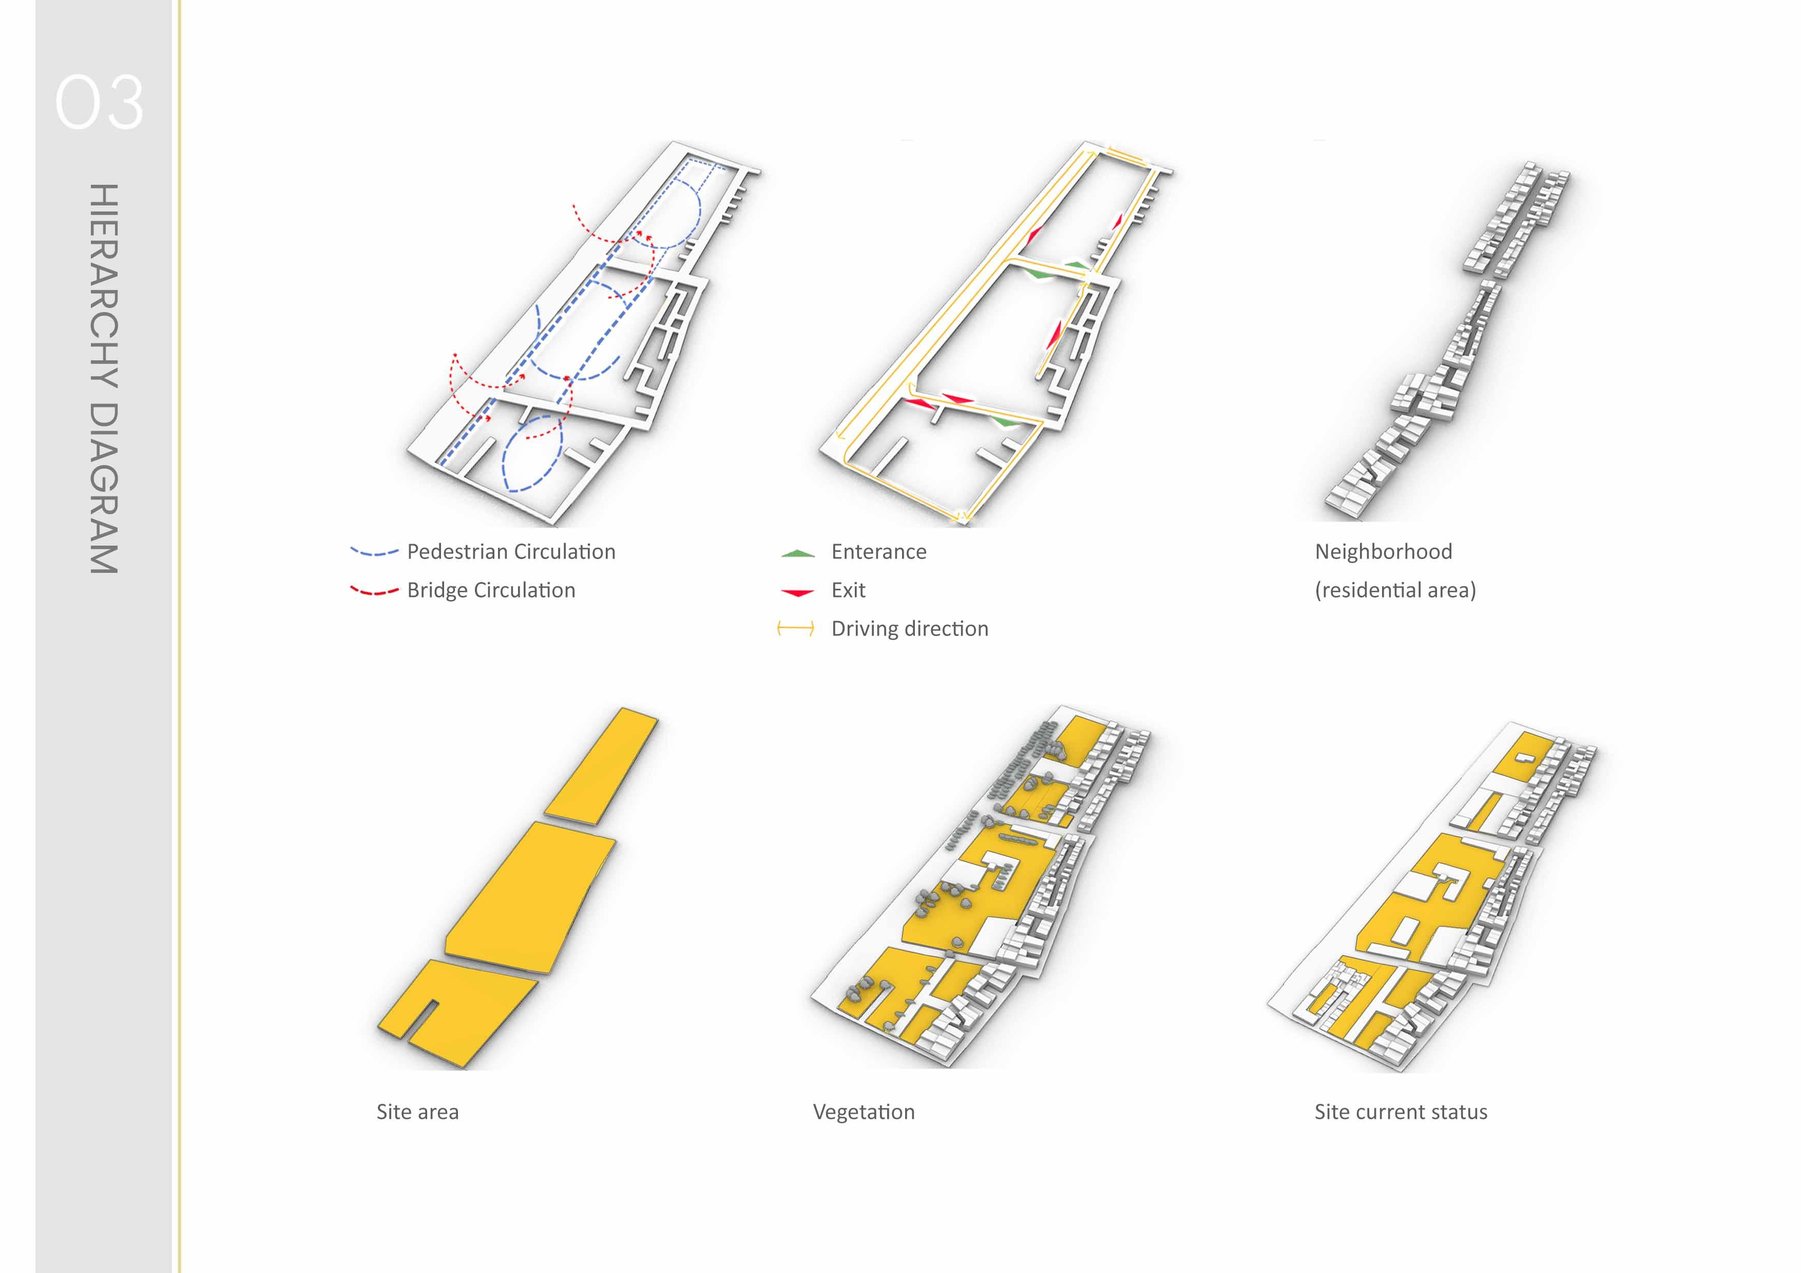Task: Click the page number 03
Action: (x=99, y=103)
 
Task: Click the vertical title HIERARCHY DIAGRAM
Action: (x=104, y=379)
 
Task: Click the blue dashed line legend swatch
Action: (x=374, y=553)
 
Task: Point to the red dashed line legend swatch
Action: (x=374, y=591)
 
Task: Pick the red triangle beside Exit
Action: (x=798, y=592)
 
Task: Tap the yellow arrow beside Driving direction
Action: (x=795, y=629)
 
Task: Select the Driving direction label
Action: (x=909, y=629)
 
